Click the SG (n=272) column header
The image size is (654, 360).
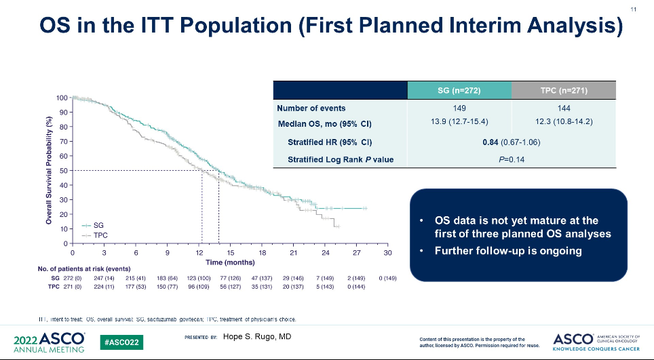point(459,91)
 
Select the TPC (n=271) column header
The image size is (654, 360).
point(563,91)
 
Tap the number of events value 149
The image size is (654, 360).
point(459,108)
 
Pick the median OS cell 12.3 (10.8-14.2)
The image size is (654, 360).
point(563,123)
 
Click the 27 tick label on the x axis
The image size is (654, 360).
point(356,253)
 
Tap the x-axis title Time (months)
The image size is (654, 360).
point(230,262)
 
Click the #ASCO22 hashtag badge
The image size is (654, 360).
point(123,342)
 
